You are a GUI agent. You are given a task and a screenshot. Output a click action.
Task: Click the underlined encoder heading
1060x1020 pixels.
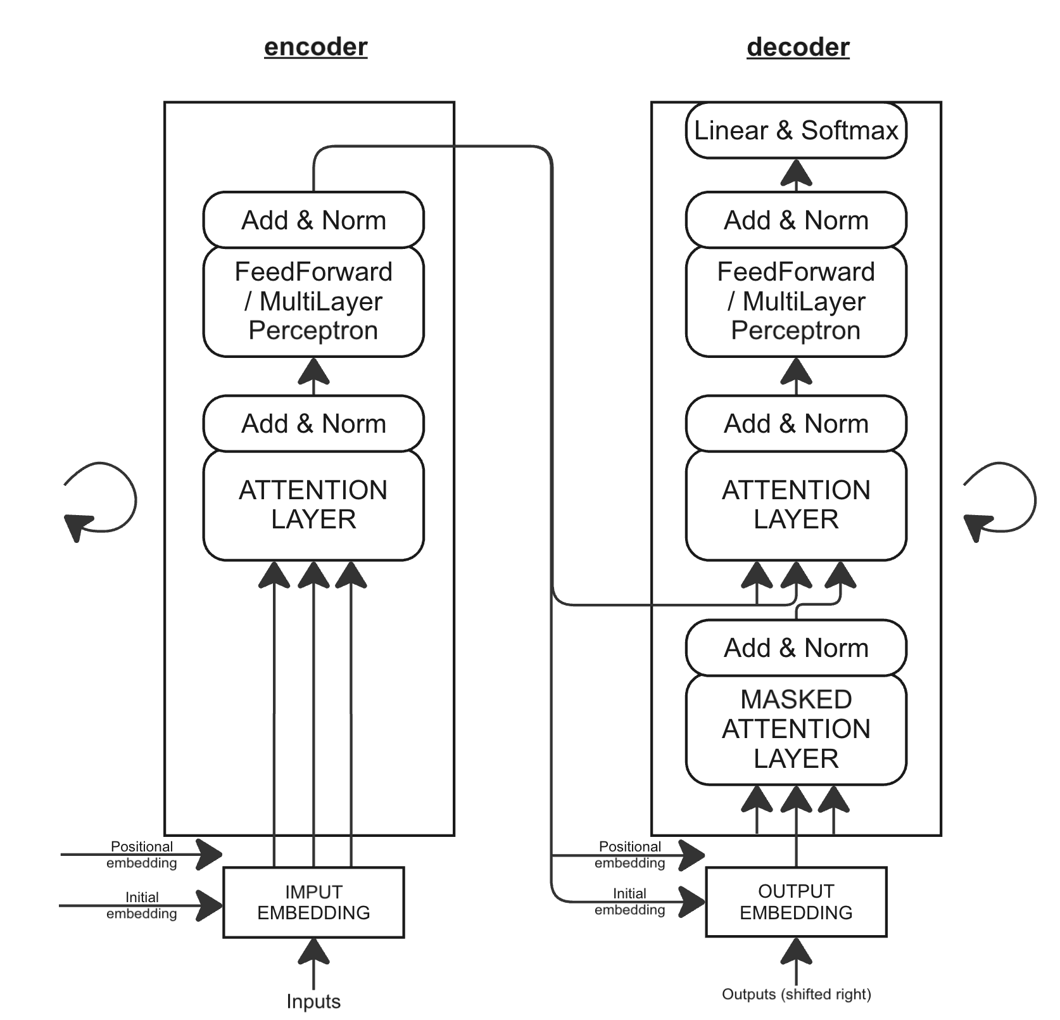tap(315, 47)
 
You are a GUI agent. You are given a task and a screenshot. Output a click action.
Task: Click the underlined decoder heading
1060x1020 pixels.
tap(798, 47)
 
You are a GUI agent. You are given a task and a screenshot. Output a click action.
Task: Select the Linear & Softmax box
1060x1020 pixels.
tap(796, 131)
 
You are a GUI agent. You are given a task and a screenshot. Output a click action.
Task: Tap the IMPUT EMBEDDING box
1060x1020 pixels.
tap(313, 902)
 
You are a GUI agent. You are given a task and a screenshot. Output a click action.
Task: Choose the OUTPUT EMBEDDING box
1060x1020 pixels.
tap(796, 902)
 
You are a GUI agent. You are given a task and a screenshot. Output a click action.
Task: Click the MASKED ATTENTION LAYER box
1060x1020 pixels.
tap(796, 729)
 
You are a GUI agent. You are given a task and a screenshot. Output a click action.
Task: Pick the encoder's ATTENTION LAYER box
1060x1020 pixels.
tap(313, 505)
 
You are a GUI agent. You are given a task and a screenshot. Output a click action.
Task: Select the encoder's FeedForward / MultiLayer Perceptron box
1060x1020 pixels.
tap(313, 301)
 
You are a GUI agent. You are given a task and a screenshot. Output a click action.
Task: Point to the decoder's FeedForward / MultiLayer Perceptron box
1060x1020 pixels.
tap(796, 301)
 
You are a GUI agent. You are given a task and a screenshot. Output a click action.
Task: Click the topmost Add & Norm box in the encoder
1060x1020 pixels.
tap(313, 220)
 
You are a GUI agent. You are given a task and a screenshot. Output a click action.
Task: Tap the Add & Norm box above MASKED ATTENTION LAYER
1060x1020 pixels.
tap(796, 647)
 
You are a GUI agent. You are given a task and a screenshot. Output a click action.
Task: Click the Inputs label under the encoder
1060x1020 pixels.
tap(313, 1002)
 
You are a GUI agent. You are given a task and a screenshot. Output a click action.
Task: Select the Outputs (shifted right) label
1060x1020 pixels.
tap(796, 994)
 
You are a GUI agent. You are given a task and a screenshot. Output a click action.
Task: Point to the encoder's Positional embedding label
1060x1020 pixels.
tap(141, 855)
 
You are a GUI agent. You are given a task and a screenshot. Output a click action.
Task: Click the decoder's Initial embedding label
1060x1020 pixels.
tap(629, 902)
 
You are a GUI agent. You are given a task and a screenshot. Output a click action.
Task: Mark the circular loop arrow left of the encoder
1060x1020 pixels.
tap(101, 500)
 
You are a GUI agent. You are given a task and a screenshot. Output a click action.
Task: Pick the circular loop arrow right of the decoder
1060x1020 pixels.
tap(1000, 500)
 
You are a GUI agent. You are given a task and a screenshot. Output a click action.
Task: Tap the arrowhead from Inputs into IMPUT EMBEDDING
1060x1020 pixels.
tap(313, 952)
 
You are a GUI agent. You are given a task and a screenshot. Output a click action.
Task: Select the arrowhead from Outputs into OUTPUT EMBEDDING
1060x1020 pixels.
tap(796, 952)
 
